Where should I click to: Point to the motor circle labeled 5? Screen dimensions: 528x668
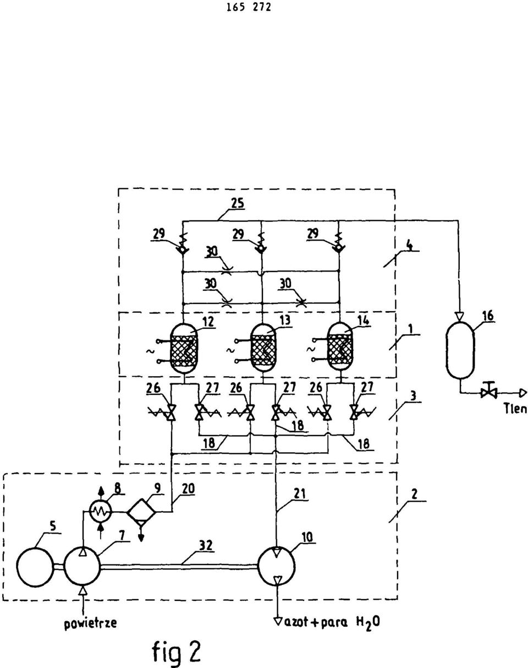point(35,567)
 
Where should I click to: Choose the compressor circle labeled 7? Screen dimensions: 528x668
point(82,567)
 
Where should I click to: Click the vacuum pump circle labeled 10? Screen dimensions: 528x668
point(277,566)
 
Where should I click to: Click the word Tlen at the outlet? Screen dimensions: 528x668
point(515,409)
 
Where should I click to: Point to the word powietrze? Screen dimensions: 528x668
point(91,623)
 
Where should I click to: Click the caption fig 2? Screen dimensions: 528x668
point(177,651)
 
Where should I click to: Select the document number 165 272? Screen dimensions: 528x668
point(249,8)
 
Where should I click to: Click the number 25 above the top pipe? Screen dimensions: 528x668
point(238,203)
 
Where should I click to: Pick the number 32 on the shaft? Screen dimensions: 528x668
point(206,546)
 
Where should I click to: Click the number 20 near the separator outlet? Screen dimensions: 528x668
point(188,488)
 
